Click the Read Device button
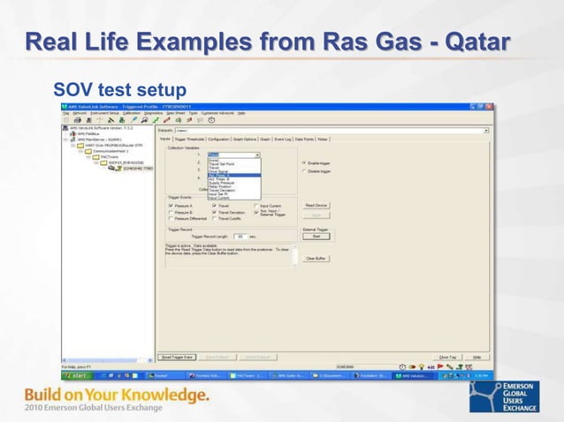[x=316, y=205]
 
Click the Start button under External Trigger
[x=316, y=236]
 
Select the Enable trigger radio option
[x=305, y=163]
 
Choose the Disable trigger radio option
[x=305, y=171]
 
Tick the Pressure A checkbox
[x=171, y=205]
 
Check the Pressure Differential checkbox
[x=171, y=218]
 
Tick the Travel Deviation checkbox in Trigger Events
[x=214, y=212]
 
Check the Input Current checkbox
[x=256, y=205]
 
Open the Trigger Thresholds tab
[x=189, y=139]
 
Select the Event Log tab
[x=282, y=139]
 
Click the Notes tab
[x=323, y=139]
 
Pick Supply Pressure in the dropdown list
[x=222, y=182]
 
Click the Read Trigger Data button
[x=177, y=357]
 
